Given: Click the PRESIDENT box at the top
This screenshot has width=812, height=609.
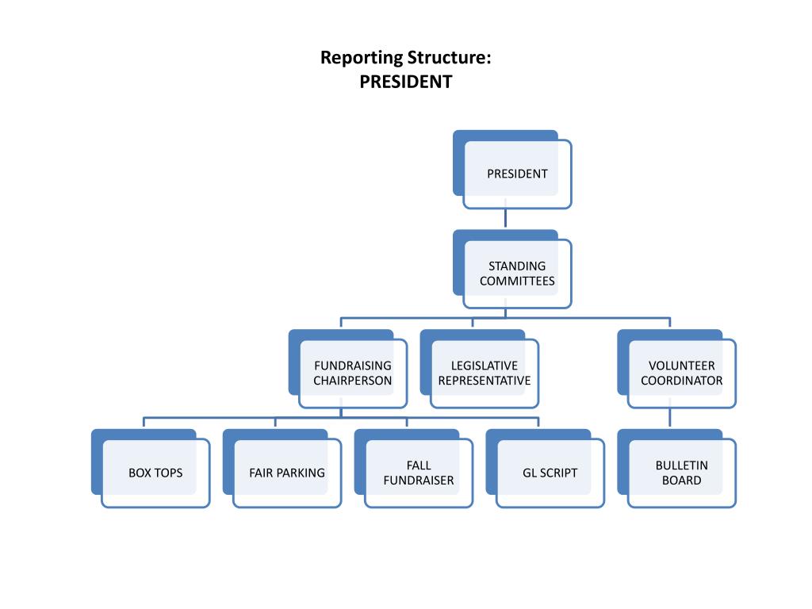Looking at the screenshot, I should click(517, 174).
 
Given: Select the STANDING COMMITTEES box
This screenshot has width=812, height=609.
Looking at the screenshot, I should click(517, 274).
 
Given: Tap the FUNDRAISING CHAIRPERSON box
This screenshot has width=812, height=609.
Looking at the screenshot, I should click(353, 373).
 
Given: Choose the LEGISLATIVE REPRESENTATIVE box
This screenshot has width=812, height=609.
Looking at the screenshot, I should click(485, 373).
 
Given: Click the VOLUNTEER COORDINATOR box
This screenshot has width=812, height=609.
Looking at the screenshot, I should click(682, 373).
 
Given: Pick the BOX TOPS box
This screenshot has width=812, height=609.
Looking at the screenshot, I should click(155, 473).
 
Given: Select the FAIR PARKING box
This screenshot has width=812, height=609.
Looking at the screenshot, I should click(287, 473).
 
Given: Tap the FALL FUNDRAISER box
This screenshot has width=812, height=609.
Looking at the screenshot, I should click(419, 473).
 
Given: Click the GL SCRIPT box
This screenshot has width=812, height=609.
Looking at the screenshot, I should click(550, 473).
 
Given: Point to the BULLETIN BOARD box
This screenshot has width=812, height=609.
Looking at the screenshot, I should click(682, 473).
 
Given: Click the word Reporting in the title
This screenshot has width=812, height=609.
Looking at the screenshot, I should click(361, 59).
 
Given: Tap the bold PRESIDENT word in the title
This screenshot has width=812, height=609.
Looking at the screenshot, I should click(406, 82).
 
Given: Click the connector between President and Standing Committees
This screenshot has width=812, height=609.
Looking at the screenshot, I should click(505, 219).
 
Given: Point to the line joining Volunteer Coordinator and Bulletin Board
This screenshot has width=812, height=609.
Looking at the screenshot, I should click(670, 418).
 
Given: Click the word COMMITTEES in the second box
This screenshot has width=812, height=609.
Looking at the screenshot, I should click(517, 282).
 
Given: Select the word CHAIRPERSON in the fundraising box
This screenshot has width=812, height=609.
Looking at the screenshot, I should click(353, 381).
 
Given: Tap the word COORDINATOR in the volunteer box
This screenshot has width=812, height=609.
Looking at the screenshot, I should click(682, 381).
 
